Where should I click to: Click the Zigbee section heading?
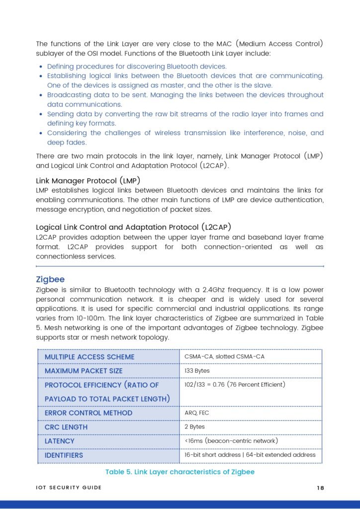coord(50,279)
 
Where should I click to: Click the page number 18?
coord(320,488)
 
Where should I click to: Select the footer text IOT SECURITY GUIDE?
coord(69,488)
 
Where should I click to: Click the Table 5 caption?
coord(180,472)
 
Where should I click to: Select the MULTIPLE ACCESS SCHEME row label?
coord(90,357)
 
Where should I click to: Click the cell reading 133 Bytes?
coord(197,371)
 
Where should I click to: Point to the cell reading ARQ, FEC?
coord(197,413)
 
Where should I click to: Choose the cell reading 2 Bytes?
coord(194,426)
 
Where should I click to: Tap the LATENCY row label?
coord(60,441)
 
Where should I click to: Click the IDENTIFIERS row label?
coord(64,455)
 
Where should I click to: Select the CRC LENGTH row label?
coord(66,427)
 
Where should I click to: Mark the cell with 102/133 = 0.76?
coord(235,385)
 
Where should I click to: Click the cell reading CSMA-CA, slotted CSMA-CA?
coord(224,357)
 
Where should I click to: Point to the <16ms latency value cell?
coord(231,441)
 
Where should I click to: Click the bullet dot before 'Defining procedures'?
coord(40,67)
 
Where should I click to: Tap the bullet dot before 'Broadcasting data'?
coord(40,95)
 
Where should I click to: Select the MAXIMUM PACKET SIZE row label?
coord(84,371)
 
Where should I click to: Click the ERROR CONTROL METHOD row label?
coord(89,413)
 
